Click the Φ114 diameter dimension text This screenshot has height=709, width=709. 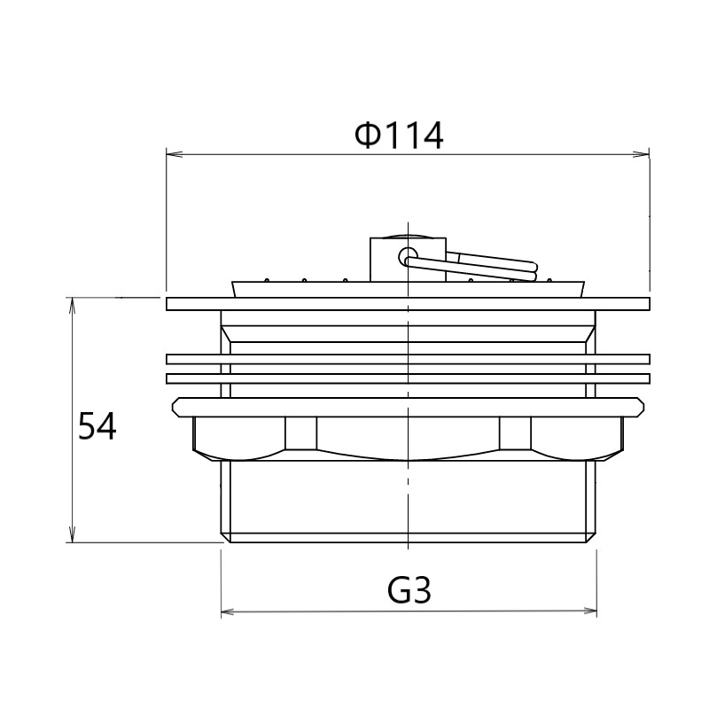[398, 136]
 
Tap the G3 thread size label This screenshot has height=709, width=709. [409, 589]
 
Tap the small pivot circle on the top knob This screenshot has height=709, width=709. [406, 257]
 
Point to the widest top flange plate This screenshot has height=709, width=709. [408, 304]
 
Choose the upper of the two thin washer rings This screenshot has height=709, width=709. [408, 359]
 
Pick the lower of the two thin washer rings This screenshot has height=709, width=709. [408, 378]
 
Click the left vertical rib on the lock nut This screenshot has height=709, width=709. [300, 434]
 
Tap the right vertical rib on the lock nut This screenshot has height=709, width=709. [515, 434]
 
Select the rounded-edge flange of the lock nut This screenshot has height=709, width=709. [408, 407]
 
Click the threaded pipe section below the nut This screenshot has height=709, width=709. [408, 501]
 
